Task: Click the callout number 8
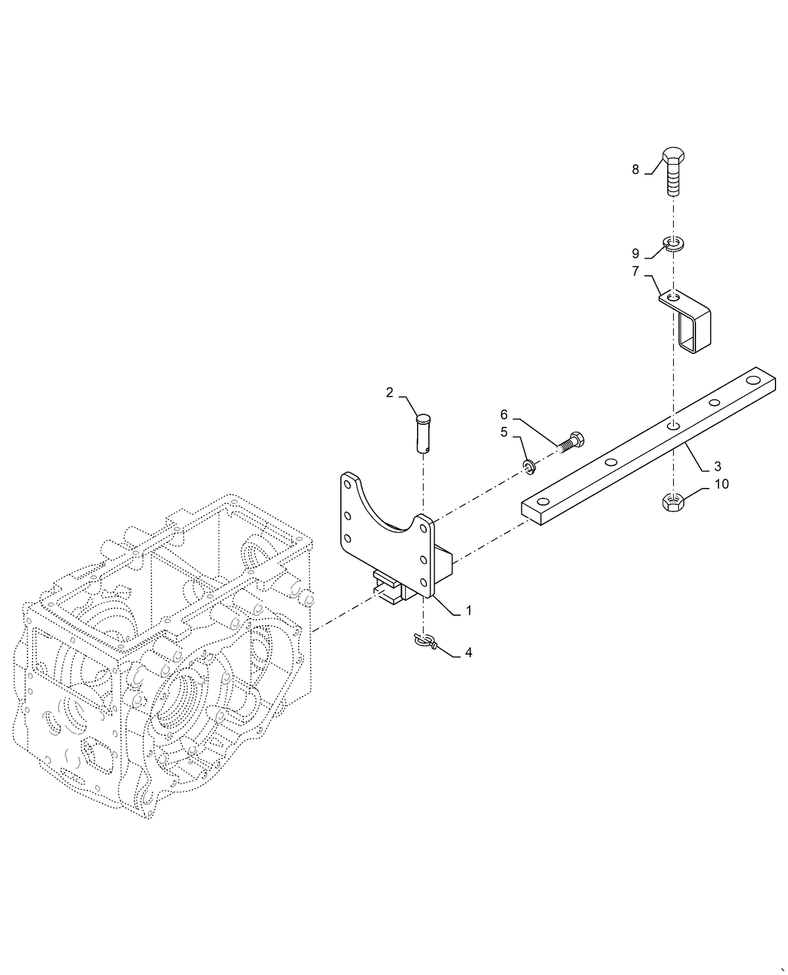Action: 635,170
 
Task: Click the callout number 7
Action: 635,271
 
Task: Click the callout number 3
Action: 717,466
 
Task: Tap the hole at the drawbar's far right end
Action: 751,382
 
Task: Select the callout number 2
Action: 389,393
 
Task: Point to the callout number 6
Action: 504,414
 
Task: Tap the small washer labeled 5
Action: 530,467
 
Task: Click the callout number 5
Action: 504,432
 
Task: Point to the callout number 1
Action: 469,610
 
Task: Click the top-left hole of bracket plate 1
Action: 347,483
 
